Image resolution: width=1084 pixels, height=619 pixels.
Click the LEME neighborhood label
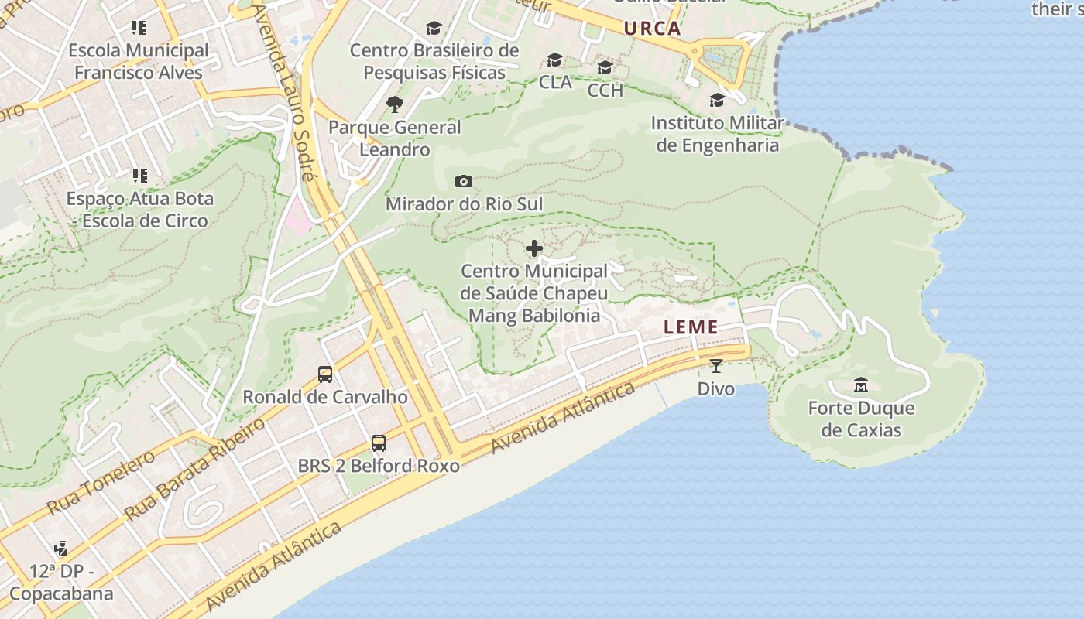click(x=691, y=327)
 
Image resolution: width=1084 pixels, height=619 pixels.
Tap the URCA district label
click(x=652, y=29)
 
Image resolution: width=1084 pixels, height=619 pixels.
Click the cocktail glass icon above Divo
click(x=715, y=366)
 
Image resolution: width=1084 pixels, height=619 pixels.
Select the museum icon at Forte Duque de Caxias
click(x=860, y=385)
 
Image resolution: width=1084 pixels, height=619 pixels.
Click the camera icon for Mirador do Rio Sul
click(x=464, y=182)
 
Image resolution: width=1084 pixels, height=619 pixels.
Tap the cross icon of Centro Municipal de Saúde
click(x=533, y=248)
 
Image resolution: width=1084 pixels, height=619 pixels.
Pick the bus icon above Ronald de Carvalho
click(x=325, y=374)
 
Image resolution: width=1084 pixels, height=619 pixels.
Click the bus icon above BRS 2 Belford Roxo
click(x=378, y=443)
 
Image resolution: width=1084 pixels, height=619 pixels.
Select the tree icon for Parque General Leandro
click(x=395, y=104)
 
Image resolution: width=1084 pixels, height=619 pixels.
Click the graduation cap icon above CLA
click(x=554, y=60)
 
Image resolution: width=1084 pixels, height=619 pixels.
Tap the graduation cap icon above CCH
click(x=605, y=68)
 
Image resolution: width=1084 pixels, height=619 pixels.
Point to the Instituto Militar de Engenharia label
click(x=717, y=134)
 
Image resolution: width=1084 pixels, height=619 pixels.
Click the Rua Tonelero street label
click(x=101, y=484)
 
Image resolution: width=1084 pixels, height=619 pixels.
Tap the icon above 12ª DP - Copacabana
click(x=60, y=549)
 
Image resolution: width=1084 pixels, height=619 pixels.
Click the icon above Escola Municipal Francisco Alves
click(x=139, y=29)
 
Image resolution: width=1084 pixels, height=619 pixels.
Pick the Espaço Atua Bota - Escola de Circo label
click(x=139, y=209)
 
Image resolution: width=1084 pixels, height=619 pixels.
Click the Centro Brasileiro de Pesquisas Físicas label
click(x=434, y=61)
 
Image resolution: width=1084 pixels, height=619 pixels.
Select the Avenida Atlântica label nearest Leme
click(x=563, y=419)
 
